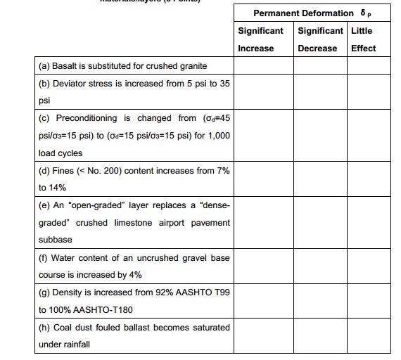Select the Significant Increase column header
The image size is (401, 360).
click(261, 39)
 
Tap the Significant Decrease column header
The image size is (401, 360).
click(320, 39)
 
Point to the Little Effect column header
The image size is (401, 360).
click(364, 39)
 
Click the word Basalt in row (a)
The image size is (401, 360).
click(68, 66)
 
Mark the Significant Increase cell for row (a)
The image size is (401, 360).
click(263, 66)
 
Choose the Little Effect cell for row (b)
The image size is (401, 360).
click(369, 92)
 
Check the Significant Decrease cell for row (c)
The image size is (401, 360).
click(320, 136)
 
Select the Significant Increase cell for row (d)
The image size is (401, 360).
click(263, 179)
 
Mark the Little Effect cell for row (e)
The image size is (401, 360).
click(369, 223)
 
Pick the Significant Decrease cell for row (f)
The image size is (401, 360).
click(320, 266)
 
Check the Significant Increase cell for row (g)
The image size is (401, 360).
click(263, 302)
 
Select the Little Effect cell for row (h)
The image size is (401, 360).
click(369, 336)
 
